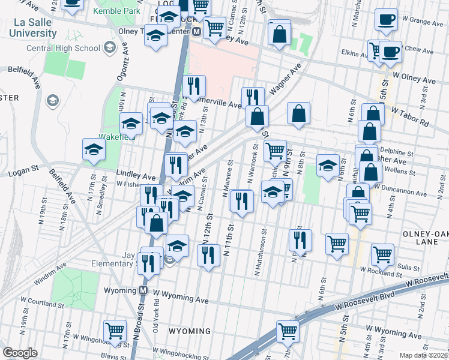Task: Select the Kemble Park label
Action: (x=116, y=11)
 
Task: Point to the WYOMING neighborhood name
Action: (x=190, y=331)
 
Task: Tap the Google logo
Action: (x=20, y=353)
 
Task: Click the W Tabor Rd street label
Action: (x=411, y=117)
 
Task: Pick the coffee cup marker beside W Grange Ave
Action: (x=386, y=19)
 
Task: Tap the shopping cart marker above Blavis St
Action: (x=115, y=330)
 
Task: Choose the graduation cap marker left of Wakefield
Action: (x=94, y=150)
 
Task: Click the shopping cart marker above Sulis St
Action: (x=382, y=254)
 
